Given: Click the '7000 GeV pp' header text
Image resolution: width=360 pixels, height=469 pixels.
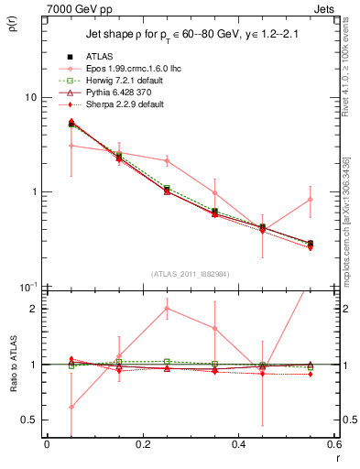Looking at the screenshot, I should [76, 8].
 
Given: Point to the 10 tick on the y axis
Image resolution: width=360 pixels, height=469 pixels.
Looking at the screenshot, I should [30, 97].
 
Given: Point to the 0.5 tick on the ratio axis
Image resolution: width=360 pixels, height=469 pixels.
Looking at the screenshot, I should [30, 420].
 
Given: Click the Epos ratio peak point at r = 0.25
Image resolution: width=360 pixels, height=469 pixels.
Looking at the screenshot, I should [167, 308].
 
